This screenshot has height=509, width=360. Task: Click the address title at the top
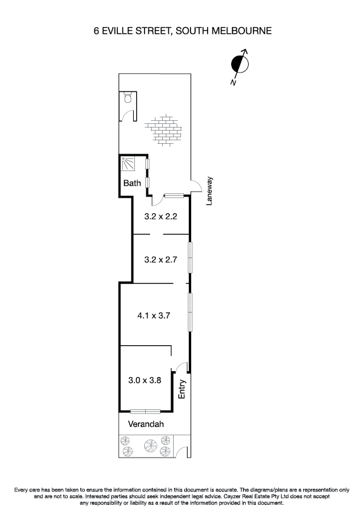(x=180, y=29)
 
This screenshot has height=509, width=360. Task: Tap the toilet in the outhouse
(x=128, y=97)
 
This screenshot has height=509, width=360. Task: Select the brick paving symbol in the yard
(x=163, y=128)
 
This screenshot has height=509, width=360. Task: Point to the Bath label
(x=132, y=183)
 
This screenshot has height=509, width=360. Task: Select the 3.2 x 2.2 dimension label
(x=160, y=216)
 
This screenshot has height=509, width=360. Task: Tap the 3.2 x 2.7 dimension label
(x=160, y=260)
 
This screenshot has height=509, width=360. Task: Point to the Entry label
(x=182, y=389)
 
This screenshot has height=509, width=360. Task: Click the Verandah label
(x=145, y=424)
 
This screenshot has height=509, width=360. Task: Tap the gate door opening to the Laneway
(x=196, y=187)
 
